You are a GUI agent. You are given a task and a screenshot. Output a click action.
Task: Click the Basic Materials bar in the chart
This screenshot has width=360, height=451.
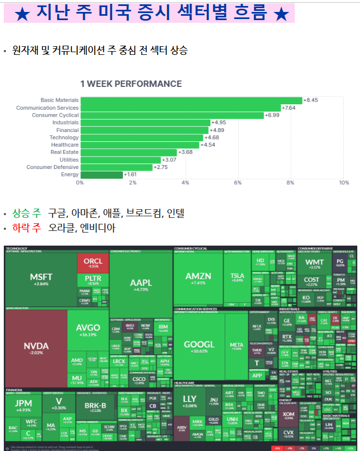click(x=190, y=100)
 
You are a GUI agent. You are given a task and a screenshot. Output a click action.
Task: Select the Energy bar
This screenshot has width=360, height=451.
click(x=101, y=174)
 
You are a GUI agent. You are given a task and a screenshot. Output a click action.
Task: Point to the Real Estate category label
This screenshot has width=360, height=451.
click(x=64, y=152)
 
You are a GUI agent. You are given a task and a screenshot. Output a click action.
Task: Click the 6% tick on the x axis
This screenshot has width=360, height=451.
click(x=238, y=183)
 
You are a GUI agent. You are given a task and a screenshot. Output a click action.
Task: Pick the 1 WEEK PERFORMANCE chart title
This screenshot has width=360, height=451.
click(x=131, y=84)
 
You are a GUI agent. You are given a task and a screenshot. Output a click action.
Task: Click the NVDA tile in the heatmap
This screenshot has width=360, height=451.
click(x=36, y=348)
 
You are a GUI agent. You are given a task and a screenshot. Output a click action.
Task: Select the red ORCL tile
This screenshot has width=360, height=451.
click(x=93, y=262)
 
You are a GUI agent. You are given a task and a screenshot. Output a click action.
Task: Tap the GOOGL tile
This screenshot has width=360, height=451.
click(x=199, y=347)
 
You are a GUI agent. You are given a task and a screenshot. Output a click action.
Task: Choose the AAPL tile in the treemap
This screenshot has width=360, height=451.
click(x=140, y=285)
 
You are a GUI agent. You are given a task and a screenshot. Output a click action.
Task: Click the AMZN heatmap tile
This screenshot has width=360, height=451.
click(x=198, y=278)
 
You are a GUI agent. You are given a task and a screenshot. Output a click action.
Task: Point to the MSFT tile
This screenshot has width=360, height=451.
click(x=41, y=279)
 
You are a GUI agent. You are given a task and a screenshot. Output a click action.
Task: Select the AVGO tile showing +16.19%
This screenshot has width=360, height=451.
click(x=88, y=330)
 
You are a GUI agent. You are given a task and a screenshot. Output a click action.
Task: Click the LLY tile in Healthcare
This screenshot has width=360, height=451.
click(x=190, y=402)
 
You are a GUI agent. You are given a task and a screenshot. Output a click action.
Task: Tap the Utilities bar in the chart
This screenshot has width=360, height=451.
click(x=120, y=160)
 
